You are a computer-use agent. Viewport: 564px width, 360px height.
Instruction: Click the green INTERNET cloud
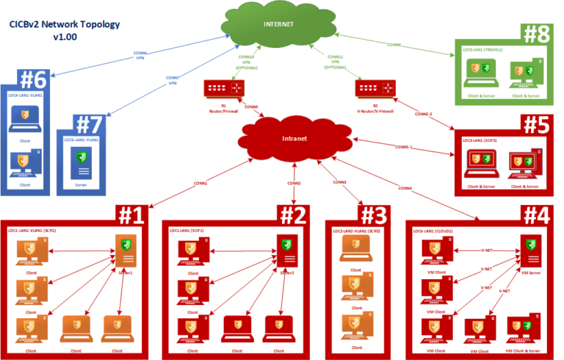click(x=279, y=26)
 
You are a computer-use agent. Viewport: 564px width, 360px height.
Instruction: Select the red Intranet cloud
click(x=293, y=137)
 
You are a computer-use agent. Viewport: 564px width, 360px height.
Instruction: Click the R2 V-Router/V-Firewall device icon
click(x=375, y=88)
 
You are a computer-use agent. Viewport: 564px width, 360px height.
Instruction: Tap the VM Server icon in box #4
click(x=529, y=250)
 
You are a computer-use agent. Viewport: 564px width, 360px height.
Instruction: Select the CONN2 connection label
click(x=294, y=182)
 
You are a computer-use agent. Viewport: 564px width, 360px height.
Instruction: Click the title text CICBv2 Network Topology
click(x=65, y=24)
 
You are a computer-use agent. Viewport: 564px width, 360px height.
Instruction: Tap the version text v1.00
click(x=65, y=37)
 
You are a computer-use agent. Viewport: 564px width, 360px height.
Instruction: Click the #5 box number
click(x=538, y=123)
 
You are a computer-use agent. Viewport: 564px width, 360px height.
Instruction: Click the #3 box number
click(x=378, y=215)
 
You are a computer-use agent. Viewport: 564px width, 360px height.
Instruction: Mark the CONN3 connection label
click(x=339, y=181)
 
